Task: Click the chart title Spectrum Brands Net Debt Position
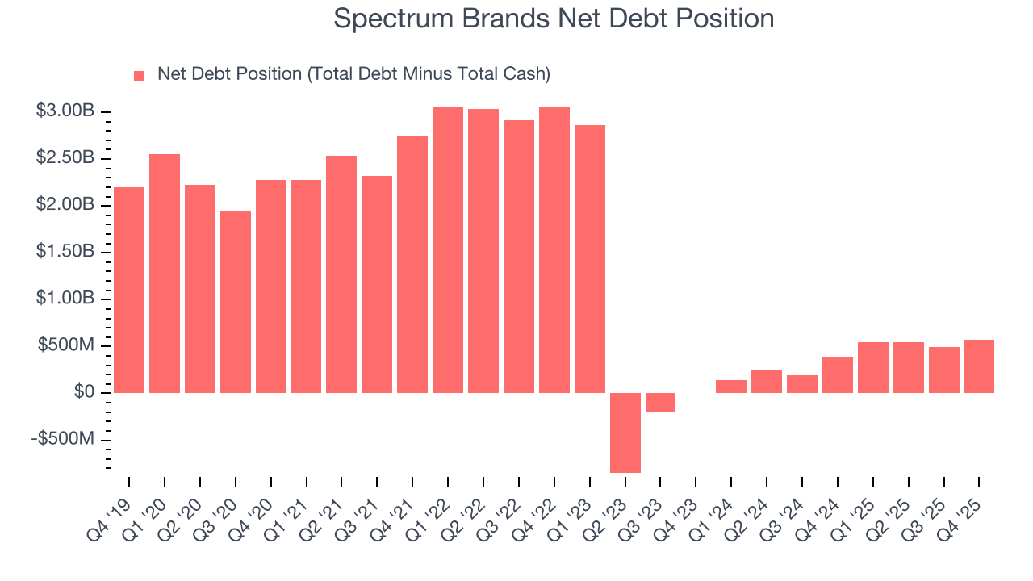554,19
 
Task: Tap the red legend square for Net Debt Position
139,75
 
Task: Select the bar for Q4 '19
129,290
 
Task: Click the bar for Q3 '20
236,302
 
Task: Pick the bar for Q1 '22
448,250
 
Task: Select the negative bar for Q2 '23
625,433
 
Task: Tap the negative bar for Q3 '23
660,403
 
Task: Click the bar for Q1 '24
731,387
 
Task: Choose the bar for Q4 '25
979,366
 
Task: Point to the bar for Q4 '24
838,375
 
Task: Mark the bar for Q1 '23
590,259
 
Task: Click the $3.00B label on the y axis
65,111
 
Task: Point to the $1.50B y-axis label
65,252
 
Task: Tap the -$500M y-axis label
64,439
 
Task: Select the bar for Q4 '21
412,264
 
